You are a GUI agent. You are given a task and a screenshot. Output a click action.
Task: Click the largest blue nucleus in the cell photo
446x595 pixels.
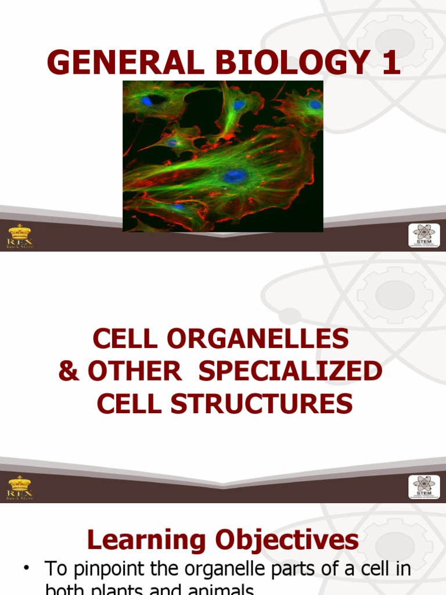pyautogui.click(x=234, y=175)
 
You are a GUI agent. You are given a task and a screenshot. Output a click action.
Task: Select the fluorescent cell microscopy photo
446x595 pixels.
pyautogui.click(x=223, y=156)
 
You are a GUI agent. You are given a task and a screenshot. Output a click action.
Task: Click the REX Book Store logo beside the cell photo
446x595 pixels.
pyautogui.click(x=20, y=236)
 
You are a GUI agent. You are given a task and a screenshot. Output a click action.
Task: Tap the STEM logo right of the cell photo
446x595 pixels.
pyautogui.click(x=424, y=236)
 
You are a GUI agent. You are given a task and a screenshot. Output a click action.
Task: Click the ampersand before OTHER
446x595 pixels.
pyautogui.click(x=69, y=371)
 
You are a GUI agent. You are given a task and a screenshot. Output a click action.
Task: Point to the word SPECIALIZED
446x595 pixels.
pyautogui.click(x=290, y=371)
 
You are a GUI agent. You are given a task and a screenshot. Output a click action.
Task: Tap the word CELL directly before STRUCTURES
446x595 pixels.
pyautogui.click(x=124, y=404)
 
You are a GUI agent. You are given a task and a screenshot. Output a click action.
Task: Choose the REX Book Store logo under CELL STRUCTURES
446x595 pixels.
pyautogui.click(x=20, y=488)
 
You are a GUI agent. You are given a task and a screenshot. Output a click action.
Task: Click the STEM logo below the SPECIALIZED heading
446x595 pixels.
pyautogui.click(x=424, y=488)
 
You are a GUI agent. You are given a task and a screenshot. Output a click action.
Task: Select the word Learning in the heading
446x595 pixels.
pyautogui.click(x=146, y=540)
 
